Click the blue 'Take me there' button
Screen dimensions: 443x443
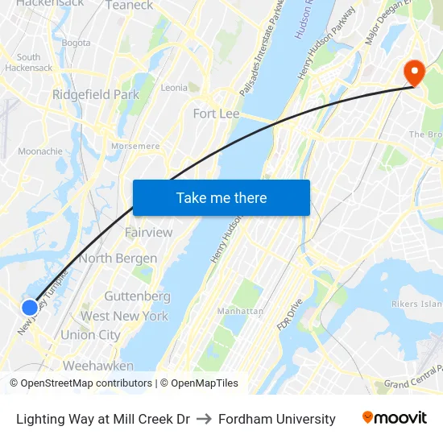pos(221,197)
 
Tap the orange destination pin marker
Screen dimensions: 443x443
pos(416,72)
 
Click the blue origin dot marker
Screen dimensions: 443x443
pos(29,307)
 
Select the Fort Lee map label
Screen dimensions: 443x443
pos(216,114)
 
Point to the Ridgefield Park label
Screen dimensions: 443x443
pos(96,94)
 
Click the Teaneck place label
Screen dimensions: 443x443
pos(129,5)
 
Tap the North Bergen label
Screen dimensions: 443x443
pos(118,259)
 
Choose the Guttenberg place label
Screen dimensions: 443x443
pos(137,296)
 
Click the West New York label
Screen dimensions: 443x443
pos(124,316)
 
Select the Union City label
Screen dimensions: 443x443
pos(90,335)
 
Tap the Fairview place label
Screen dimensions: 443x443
pos(148,232)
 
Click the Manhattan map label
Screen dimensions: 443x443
pos(240,311)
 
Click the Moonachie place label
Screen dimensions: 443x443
pos(40,151)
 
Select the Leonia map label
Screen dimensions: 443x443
pos(175,88)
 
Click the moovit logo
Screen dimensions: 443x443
pos(394,418)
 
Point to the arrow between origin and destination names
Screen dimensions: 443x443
pos(203,419)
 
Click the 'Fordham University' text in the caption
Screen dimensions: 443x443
pos(276,419)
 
